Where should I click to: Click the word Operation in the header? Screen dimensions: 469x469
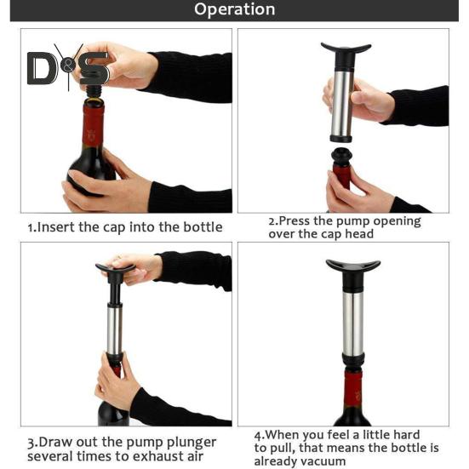tap(235, 9)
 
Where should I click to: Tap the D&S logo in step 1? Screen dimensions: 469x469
tap(68, 68)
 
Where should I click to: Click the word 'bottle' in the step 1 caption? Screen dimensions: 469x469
tap(203, 227)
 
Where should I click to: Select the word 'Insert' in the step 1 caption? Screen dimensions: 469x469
tap(56, 227)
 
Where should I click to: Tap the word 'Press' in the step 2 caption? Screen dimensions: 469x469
tap(295, 221)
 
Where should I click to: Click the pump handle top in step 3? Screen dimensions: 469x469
tap(116, 268)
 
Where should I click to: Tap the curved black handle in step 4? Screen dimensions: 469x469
tap(353, 266)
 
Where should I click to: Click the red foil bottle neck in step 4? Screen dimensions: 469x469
tap(352, 390)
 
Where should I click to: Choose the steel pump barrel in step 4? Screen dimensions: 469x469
tap(353, 323)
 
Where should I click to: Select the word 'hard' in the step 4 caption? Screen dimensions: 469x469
tap(406, 435)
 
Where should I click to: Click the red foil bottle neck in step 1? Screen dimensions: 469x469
tap(93, 126)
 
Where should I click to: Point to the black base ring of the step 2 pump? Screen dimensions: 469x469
tap(341, 139)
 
